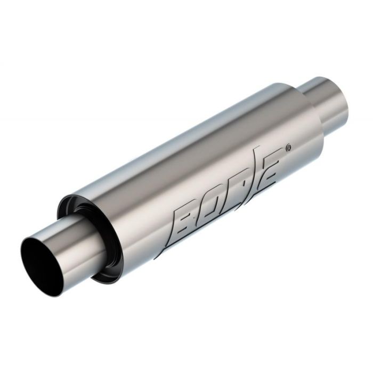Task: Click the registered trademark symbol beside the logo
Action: [x=289, y=147]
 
